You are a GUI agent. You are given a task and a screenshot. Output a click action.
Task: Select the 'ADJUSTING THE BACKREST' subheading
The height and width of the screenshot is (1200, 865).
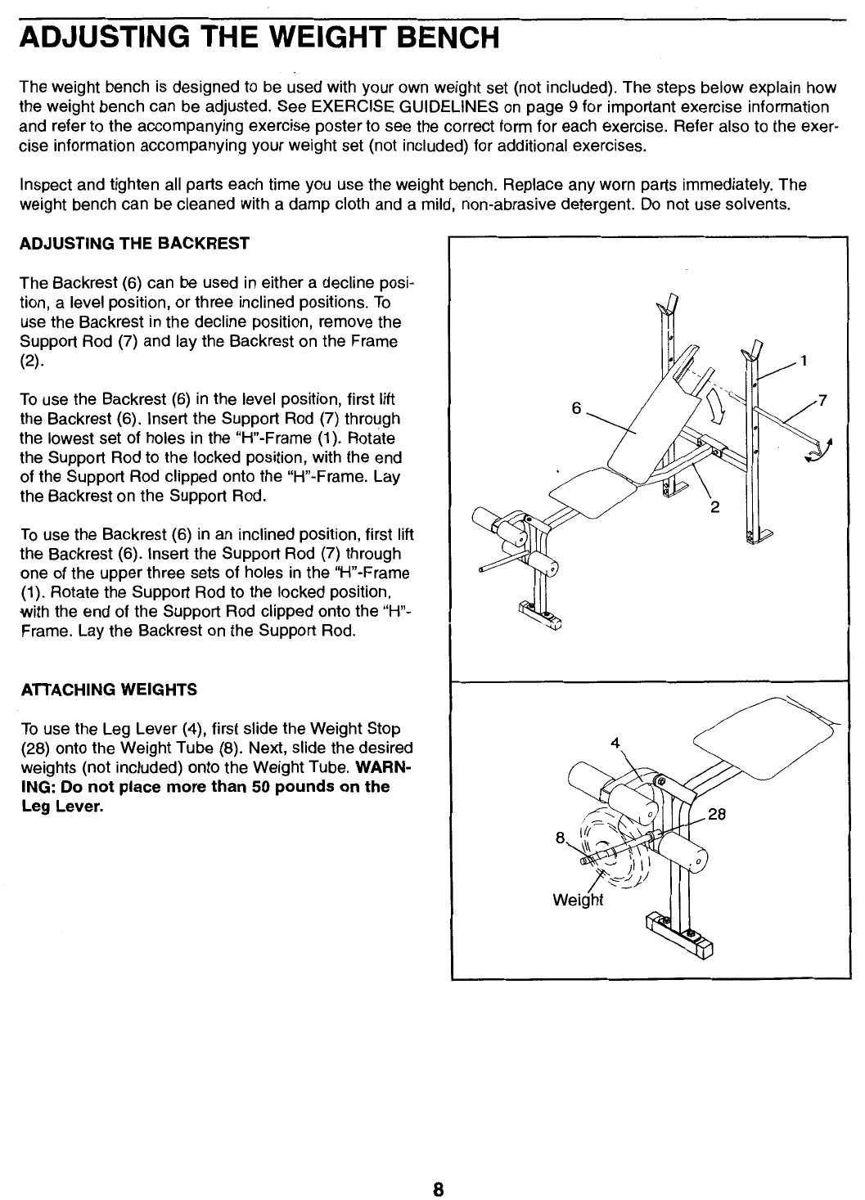tap(134, 244)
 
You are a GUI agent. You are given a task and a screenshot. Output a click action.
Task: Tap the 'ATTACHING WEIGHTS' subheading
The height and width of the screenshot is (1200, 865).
tap(109, 690)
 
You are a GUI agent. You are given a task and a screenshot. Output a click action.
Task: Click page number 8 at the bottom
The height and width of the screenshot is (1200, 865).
tap(439, 1189)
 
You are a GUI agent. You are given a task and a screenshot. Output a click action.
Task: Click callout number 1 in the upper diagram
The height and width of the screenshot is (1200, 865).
tap(804, 360)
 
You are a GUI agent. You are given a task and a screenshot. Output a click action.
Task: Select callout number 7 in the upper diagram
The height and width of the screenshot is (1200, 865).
tap(822, 400)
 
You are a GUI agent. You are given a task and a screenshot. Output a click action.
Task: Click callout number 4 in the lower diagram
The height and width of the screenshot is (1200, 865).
tap(615, 744)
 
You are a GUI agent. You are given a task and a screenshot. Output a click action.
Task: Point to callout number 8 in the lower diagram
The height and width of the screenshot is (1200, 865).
tap(560, 837)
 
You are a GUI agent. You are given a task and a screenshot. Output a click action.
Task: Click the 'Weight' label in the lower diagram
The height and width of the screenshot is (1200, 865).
tap(578, 901)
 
